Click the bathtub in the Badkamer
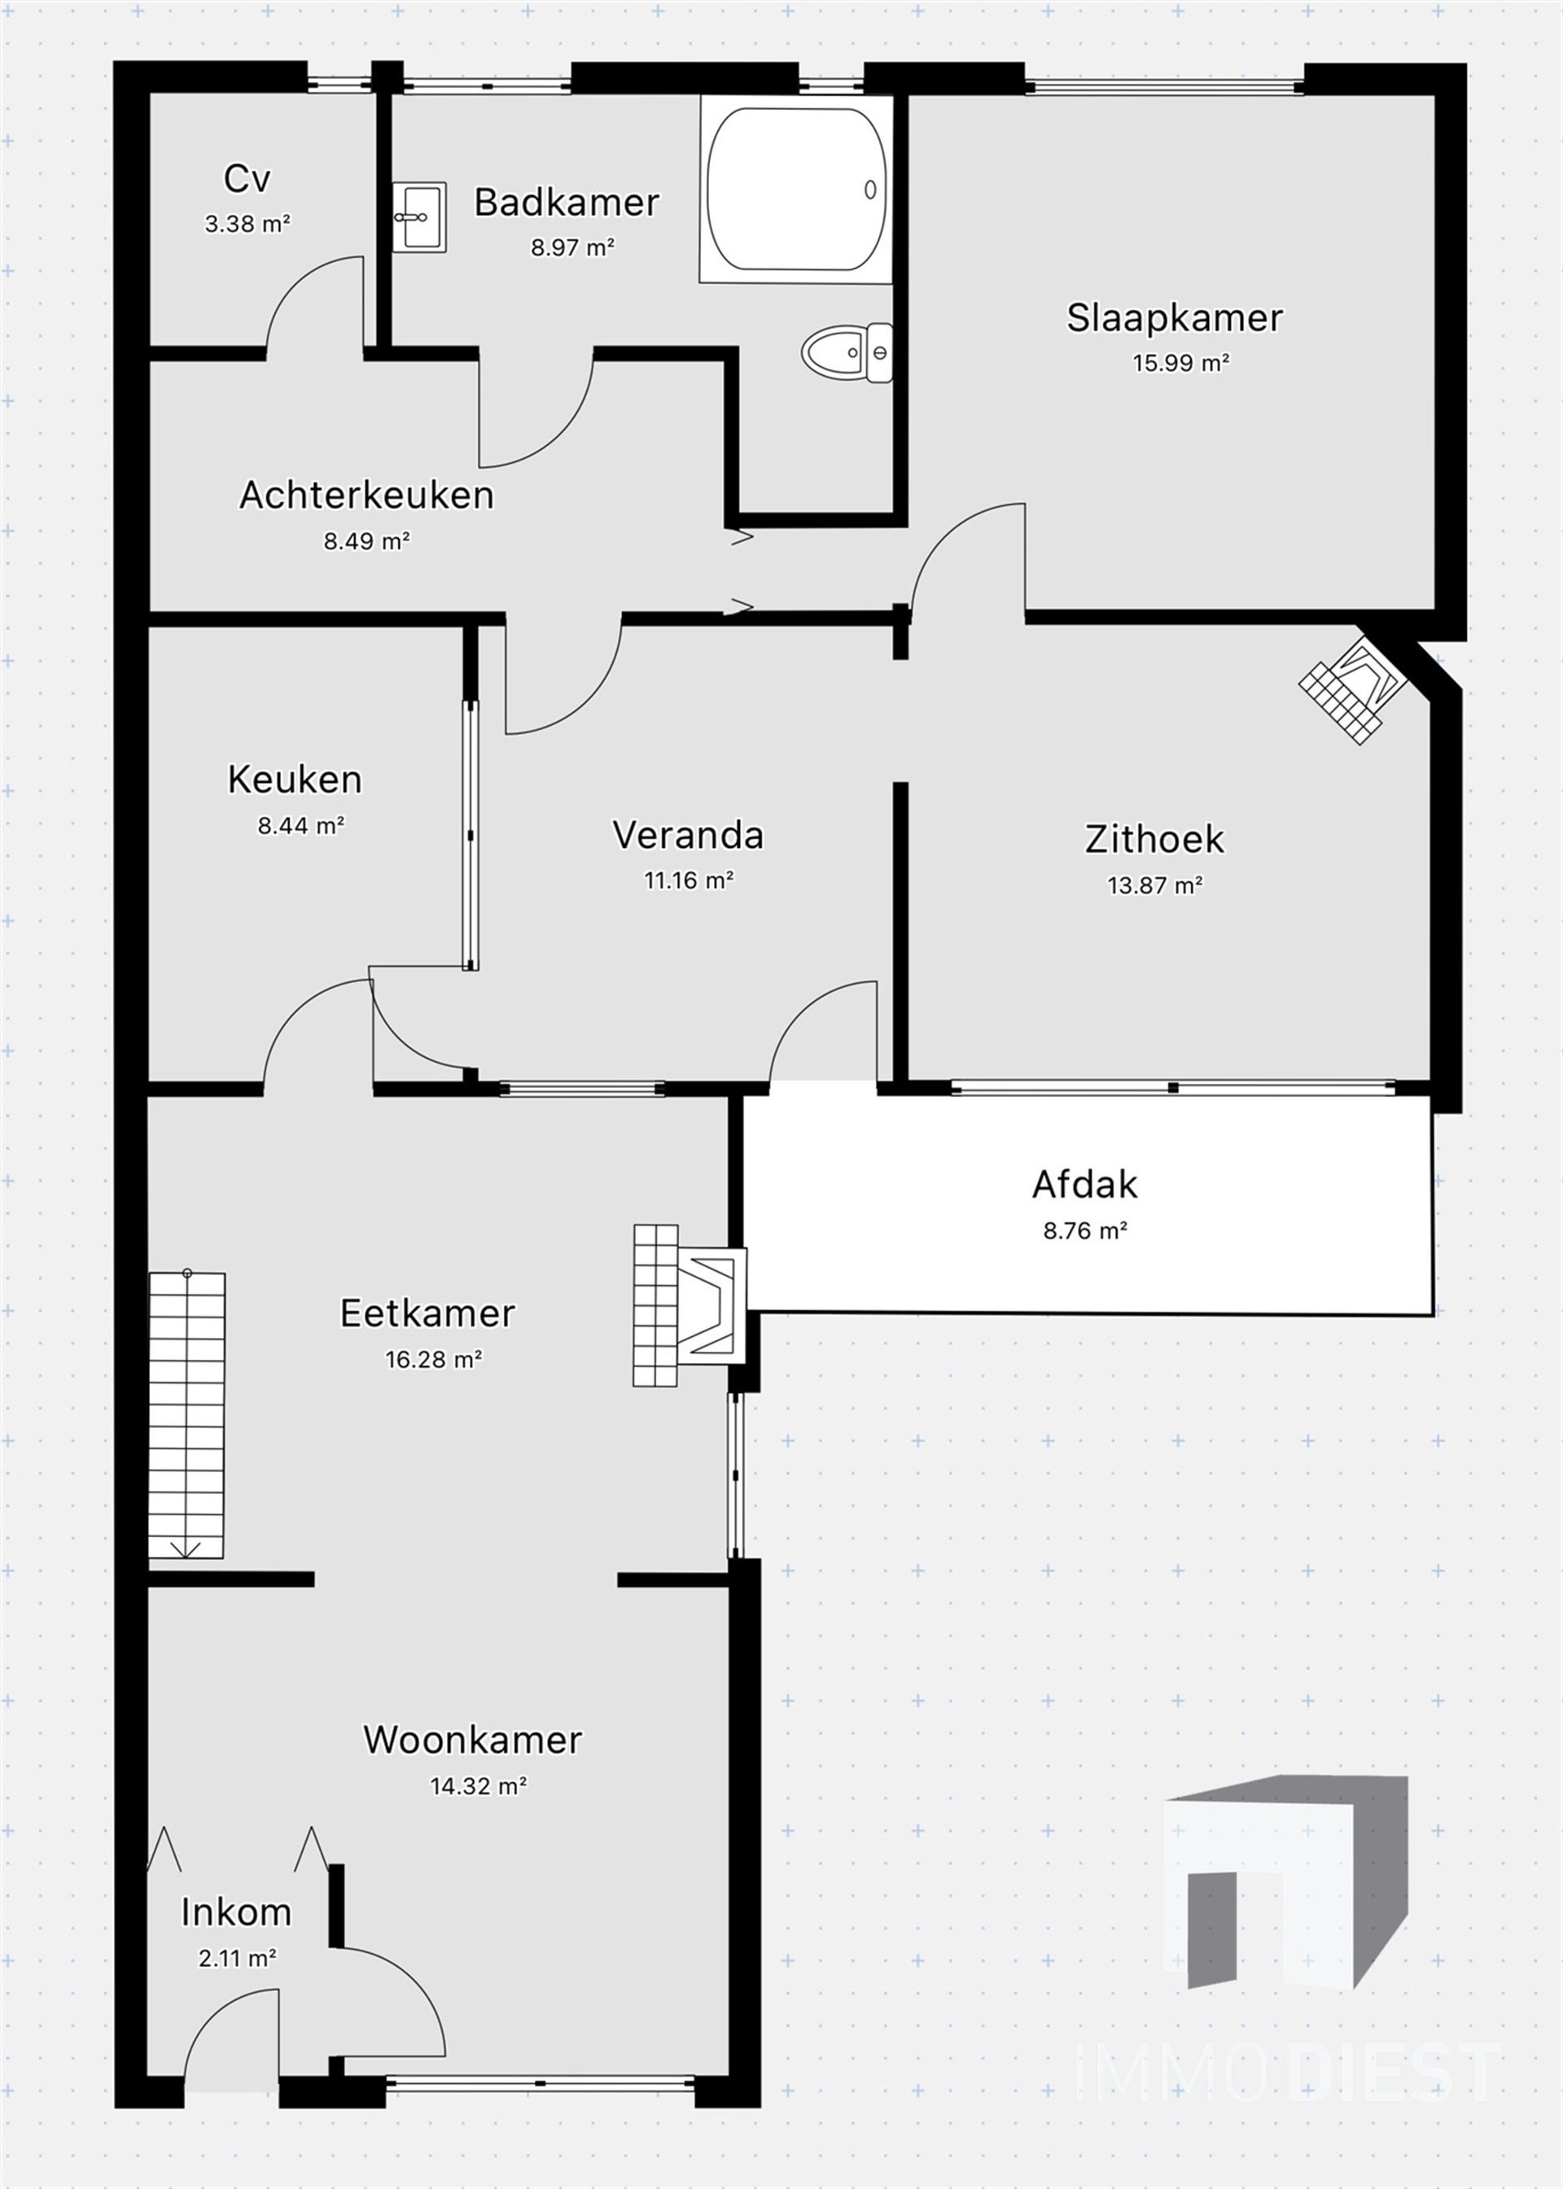point(795,190)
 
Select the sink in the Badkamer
point(418,216)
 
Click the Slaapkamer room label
point(1174,317)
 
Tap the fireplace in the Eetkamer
point(688,1304)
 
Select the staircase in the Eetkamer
point(186,1414)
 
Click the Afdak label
point(1084,1185)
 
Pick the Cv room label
point(247,178)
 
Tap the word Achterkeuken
point(366,495)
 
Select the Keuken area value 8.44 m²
point(300,826)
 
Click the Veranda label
point(688,835)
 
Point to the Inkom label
point(236,1912)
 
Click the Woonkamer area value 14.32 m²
point(477,1786)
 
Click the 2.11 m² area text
point(238,1958)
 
